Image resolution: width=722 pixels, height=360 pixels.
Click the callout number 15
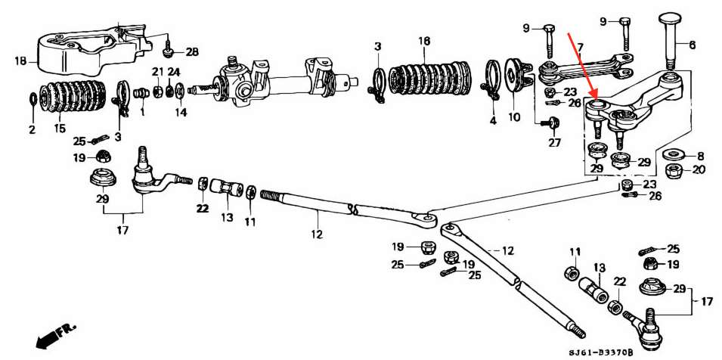click(59, 129)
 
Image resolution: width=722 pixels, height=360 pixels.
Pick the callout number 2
click(32, 130)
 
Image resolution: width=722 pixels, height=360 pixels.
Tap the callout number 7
click(580, 48)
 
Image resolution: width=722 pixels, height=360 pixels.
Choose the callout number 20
click(699, 170)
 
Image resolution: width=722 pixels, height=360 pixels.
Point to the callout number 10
click(513, 117)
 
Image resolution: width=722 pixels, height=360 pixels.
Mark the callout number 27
click(554, 142)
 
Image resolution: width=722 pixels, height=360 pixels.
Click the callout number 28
click(192, 52)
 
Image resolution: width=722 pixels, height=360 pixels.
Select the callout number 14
click(180, 113)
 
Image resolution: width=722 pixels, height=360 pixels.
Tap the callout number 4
click(492, 120)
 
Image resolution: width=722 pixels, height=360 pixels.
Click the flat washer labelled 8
click(670, 155)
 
